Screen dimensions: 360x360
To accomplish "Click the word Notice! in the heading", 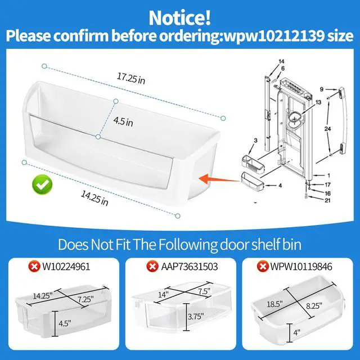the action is [180, 18].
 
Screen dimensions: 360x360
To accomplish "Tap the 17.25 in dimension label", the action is [131, 79].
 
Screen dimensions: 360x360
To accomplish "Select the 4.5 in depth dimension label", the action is [123, 121].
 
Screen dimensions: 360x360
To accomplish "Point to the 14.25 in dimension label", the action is [94, 198].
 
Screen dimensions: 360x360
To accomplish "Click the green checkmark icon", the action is [42, 184].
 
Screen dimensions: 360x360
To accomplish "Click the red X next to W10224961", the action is [34, 267].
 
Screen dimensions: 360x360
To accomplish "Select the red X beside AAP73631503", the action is [152, 267].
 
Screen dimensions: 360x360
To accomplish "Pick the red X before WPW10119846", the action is [263, 267].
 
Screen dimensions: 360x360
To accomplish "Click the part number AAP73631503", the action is [190, 267].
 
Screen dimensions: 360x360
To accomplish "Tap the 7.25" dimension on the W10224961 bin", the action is [85, 299].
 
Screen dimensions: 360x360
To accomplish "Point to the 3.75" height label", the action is [196, 317].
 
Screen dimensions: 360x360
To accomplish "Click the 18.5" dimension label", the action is [274, 304].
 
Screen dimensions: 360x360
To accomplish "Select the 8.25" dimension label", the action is [314, 305].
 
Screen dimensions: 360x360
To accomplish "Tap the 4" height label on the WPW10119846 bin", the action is [297, 332].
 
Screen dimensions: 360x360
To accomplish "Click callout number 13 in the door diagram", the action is [318, 102].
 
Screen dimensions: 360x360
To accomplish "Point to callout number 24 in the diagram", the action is [327, 129].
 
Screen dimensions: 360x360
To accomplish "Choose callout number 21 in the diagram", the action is [327, 200].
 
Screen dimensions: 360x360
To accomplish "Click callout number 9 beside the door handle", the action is [321, 89].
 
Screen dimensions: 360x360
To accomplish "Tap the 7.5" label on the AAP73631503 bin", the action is [204, 291].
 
